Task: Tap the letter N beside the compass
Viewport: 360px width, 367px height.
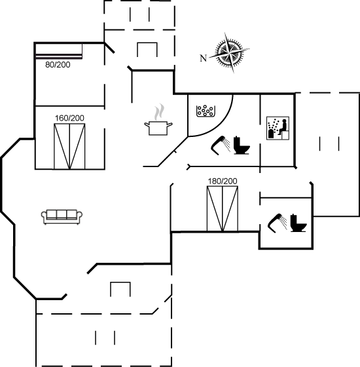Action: pyautogui.click(x=204, y=58)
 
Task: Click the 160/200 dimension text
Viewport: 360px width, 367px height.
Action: pyautogui.click(x=69, y=118)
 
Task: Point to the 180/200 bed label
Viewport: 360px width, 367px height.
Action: pyautogui.click(x=222, y=181)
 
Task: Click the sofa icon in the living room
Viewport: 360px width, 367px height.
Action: pyautogui.click(x=61, y=216)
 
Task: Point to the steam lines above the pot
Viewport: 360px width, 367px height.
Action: pyautogui.click(x=157, y=111)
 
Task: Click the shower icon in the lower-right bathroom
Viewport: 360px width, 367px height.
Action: pyautogui.click(x=276, y=222)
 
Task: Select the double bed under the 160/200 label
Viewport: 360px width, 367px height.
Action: pyautogui.click(x=69, y=145)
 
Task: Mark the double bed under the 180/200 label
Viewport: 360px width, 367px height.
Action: pyautogui.click(x=223, y=208)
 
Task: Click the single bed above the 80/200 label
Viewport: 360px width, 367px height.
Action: pyautogui.click(x=59, y=52)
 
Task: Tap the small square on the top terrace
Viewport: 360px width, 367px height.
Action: pyautogui.click(x=147, y=50)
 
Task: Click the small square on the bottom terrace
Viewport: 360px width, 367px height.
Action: pyautogui.click(x=120, y=289)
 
